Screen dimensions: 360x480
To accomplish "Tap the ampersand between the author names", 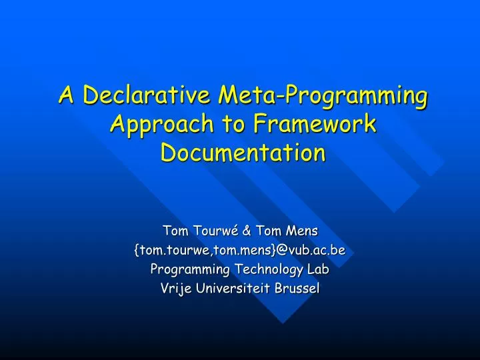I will (246, 231).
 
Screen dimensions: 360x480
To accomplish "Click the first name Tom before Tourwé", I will (175, 231).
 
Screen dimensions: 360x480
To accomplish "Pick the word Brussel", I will (299, 289).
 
